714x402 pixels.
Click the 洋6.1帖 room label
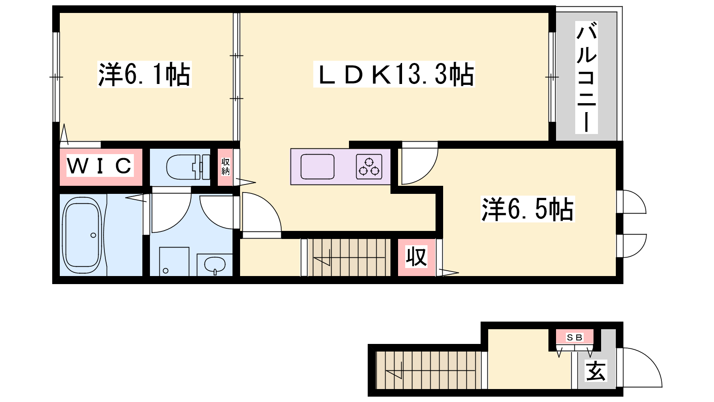[x=145, y=74]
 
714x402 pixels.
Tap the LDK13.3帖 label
[x=394, y=74]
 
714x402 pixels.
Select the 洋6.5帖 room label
[x=527, y=209]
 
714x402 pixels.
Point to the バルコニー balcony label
[x=586, y=77]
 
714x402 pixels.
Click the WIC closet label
[x=100, y=166]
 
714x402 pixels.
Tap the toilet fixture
[x=188, y=167]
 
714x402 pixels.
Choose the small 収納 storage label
[x=225, y=167]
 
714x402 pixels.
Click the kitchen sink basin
[x=317, y=167]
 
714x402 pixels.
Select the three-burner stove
[x=369, y=167]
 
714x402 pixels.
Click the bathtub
[x=83, y=235]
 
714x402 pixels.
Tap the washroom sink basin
[x=215, y=264]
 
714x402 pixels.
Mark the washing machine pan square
[x=174, y=261]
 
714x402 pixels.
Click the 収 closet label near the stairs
[x=416, y=257]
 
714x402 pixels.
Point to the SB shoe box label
[x=575, y=337]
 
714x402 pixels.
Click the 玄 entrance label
[x=596, y=371]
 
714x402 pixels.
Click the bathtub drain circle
[x=93, y=235]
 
